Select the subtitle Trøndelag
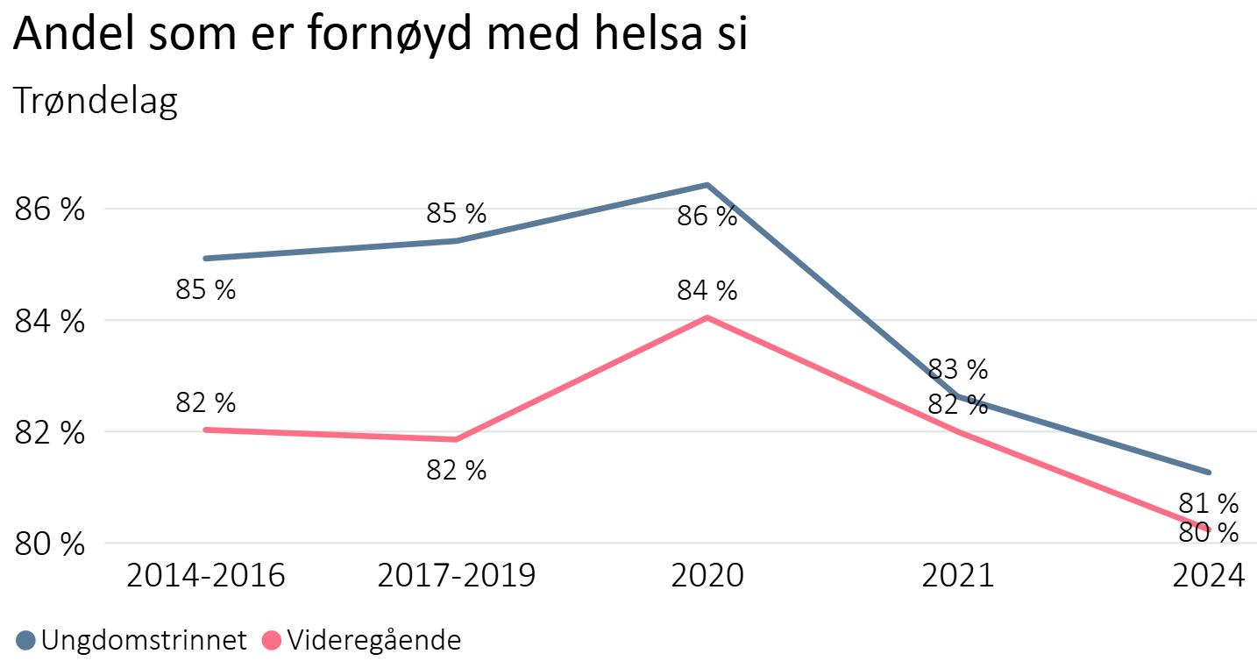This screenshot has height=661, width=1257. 96,102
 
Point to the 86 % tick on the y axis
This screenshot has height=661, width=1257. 50,210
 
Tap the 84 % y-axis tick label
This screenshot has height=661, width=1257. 50,322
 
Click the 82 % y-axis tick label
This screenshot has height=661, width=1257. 50,433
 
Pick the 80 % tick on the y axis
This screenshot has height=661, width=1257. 50,544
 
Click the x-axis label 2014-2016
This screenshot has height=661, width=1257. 206,576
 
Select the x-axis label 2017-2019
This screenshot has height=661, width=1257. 457,576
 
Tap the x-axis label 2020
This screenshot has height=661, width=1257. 707,576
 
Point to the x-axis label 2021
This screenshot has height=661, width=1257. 958,576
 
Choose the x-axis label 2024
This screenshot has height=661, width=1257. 1209,576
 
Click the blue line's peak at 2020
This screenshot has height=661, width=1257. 707,185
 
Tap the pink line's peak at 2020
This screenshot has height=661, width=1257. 707,317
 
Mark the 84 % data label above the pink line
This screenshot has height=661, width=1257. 707,290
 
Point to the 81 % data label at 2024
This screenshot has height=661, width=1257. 1209,503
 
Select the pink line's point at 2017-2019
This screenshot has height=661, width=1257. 457,439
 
